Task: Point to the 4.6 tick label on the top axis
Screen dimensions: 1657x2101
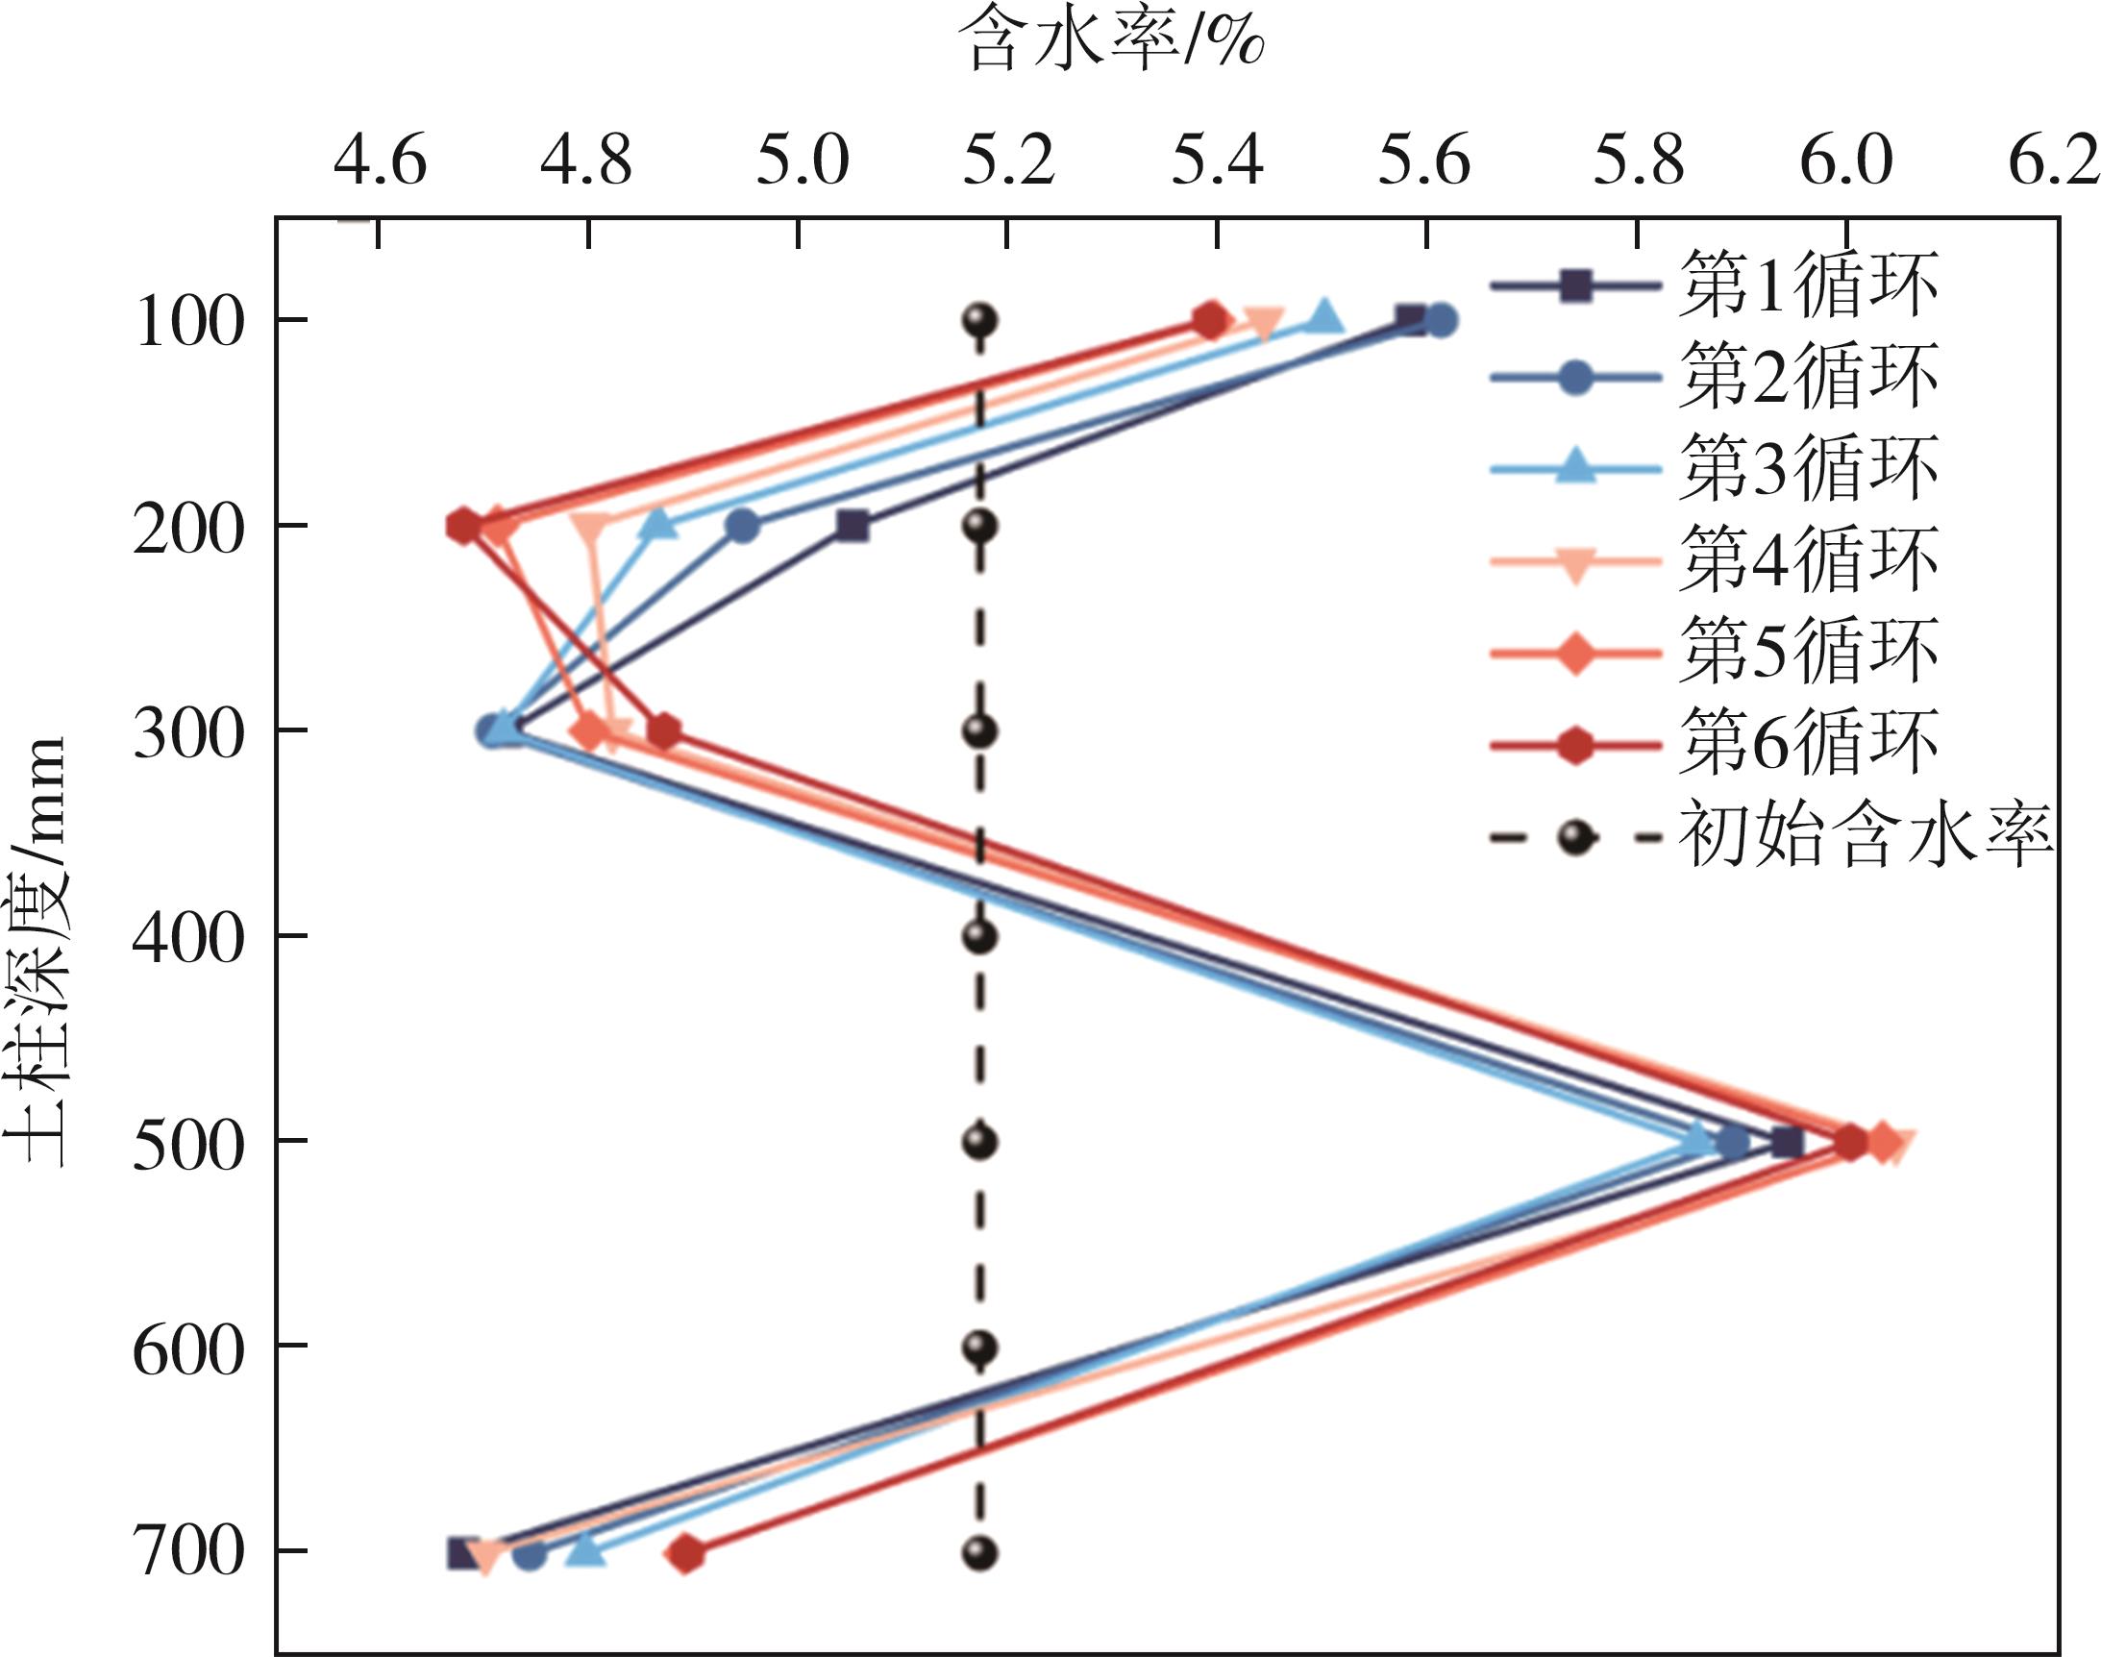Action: [x=381, y=161]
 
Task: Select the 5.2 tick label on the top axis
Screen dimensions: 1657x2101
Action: [x=1008, y=161]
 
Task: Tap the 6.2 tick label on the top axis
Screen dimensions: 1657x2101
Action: [x=2053, y=161]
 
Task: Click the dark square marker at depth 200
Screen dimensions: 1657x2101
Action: [x=852, y=526]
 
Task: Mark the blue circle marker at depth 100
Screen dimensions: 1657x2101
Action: [x=1442, y=320]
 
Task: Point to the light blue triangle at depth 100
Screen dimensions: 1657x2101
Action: [x=1326, y=317]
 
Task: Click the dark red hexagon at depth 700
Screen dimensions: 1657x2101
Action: [x=686, y=1553]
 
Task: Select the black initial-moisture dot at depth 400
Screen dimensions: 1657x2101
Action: [x=979, y=937]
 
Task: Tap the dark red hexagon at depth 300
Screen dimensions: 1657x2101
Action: [x=663, y=731]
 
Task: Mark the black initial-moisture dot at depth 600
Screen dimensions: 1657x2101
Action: [x=979, y=1348]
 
